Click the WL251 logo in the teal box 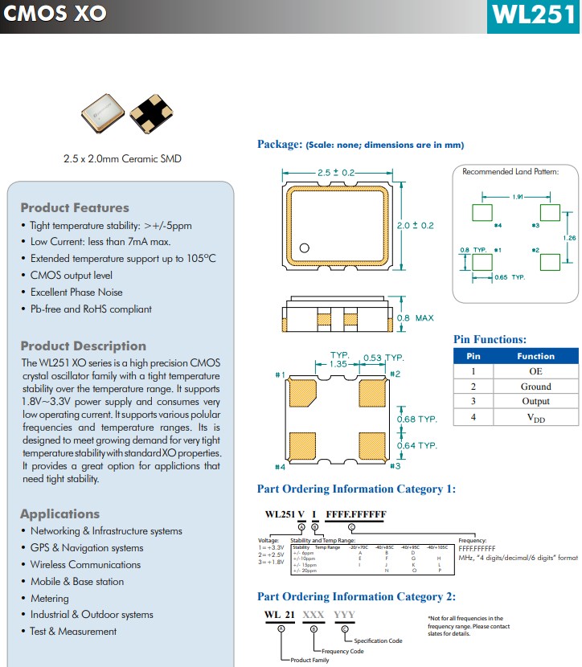[534, 16]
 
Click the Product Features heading [75, 207]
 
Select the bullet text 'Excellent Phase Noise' [76, 292]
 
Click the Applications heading [60, 514]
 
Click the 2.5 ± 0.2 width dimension [336, 173]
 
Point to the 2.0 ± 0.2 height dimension [416, 225]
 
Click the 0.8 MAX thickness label [414, 318]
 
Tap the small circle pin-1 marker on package [305, 248]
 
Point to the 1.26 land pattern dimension [570, 238]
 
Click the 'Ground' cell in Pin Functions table [535, 387]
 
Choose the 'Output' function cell [535, 402]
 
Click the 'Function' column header [535, 356]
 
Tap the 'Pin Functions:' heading [490, 339]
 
